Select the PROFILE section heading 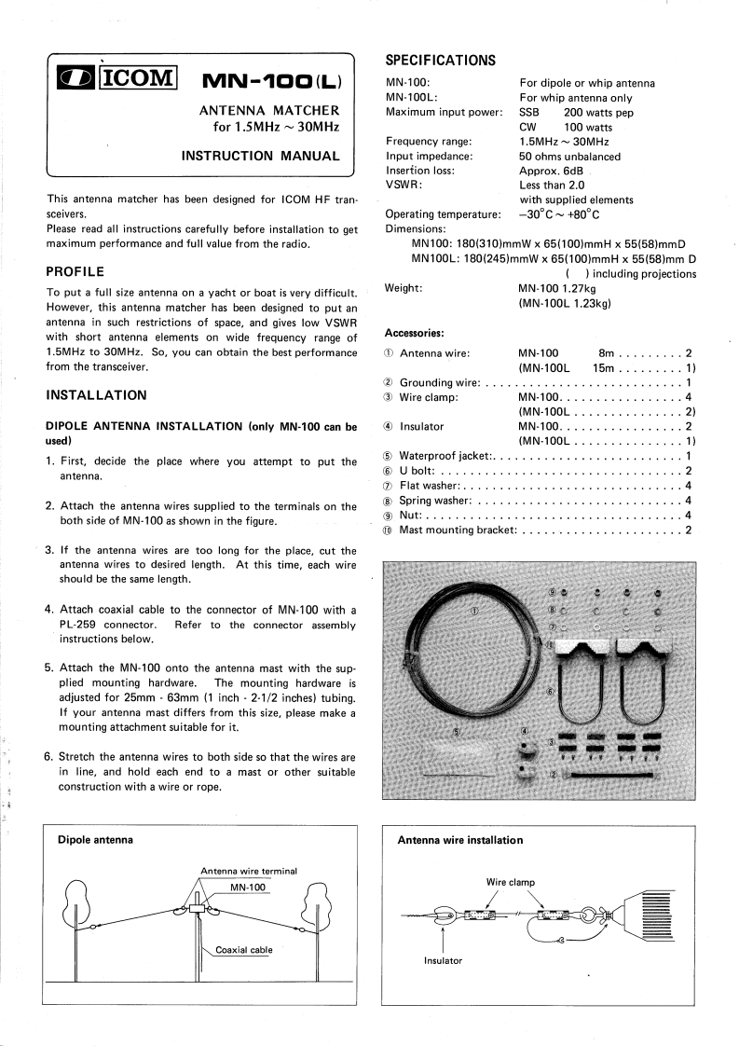pos(75,272)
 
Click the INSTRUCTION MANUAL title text pos(260,156)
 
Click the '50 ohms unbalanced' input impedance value pos(569,156)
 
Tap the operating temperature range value pos(559,213)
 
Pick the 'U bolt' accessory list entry pos(419,471)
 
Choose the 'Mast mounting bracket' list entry pos(458,530)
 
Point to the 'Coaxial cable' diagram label pos(243,950)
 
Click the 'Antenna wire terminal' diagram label pos(249,871)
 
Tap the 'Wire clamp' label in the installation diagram pos(510,881)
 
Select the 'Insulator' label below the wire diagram pos(443,959)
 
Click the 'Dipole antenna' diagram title pos(95,839)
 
